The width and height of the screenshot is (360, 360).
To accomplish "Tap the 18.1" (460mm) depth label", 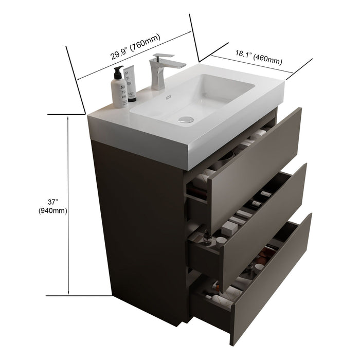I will (x=259, y=57).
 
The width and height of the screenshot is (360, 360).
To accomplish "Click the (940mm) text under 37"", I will (x=53, y=210).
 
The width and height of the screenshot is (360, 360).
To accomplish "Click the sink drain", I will (x=186, y=119).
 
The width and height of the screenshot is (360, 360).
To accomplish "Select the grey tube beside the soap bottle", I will (x=131, y=82).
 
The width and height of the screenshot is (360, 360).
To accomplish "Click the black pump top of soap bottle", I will (x=118, y=70).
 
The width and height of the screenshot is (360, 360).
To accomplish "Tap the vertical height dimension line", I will (x=69, y=206).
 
